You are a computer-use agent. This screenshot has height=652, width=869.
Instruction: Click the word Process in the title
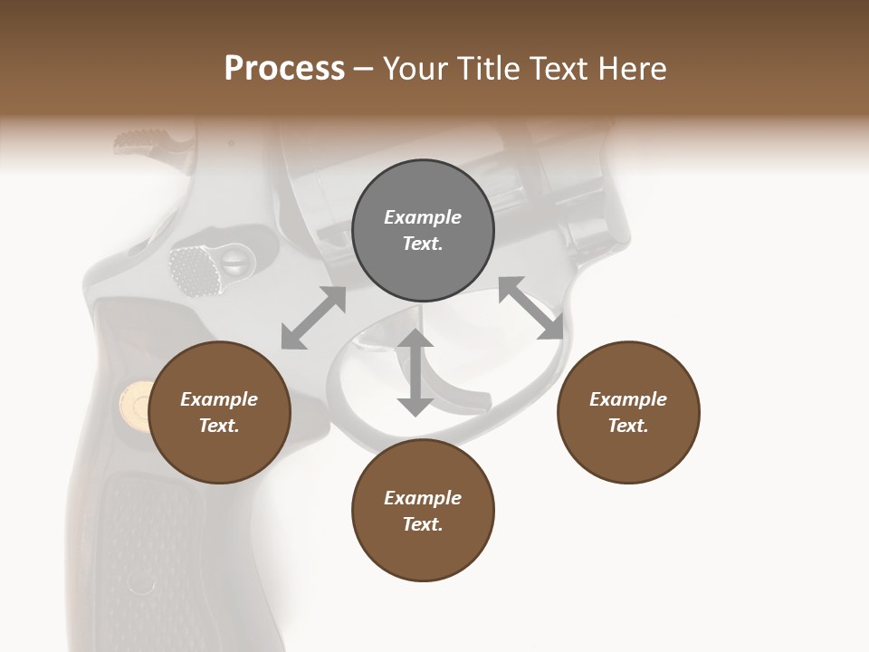click(284, 69)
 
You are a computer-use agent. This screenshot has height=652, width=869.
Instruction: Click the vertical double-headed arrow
click(415, 372)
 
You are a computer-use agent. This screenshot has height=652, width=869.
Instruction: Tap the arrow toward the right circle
click(531, 308)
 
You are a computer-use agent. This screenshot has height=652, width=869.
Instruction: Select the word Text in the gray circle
click(423, 244)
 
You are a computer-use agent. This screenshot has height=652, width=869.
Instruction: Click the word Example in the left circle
click(219, 399)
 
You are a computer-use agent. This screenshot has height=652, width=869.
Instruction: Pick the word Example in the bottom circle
click(423, 498)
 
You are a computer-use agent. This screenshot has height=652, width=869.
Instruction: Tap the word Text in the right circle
click(628, 426)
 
